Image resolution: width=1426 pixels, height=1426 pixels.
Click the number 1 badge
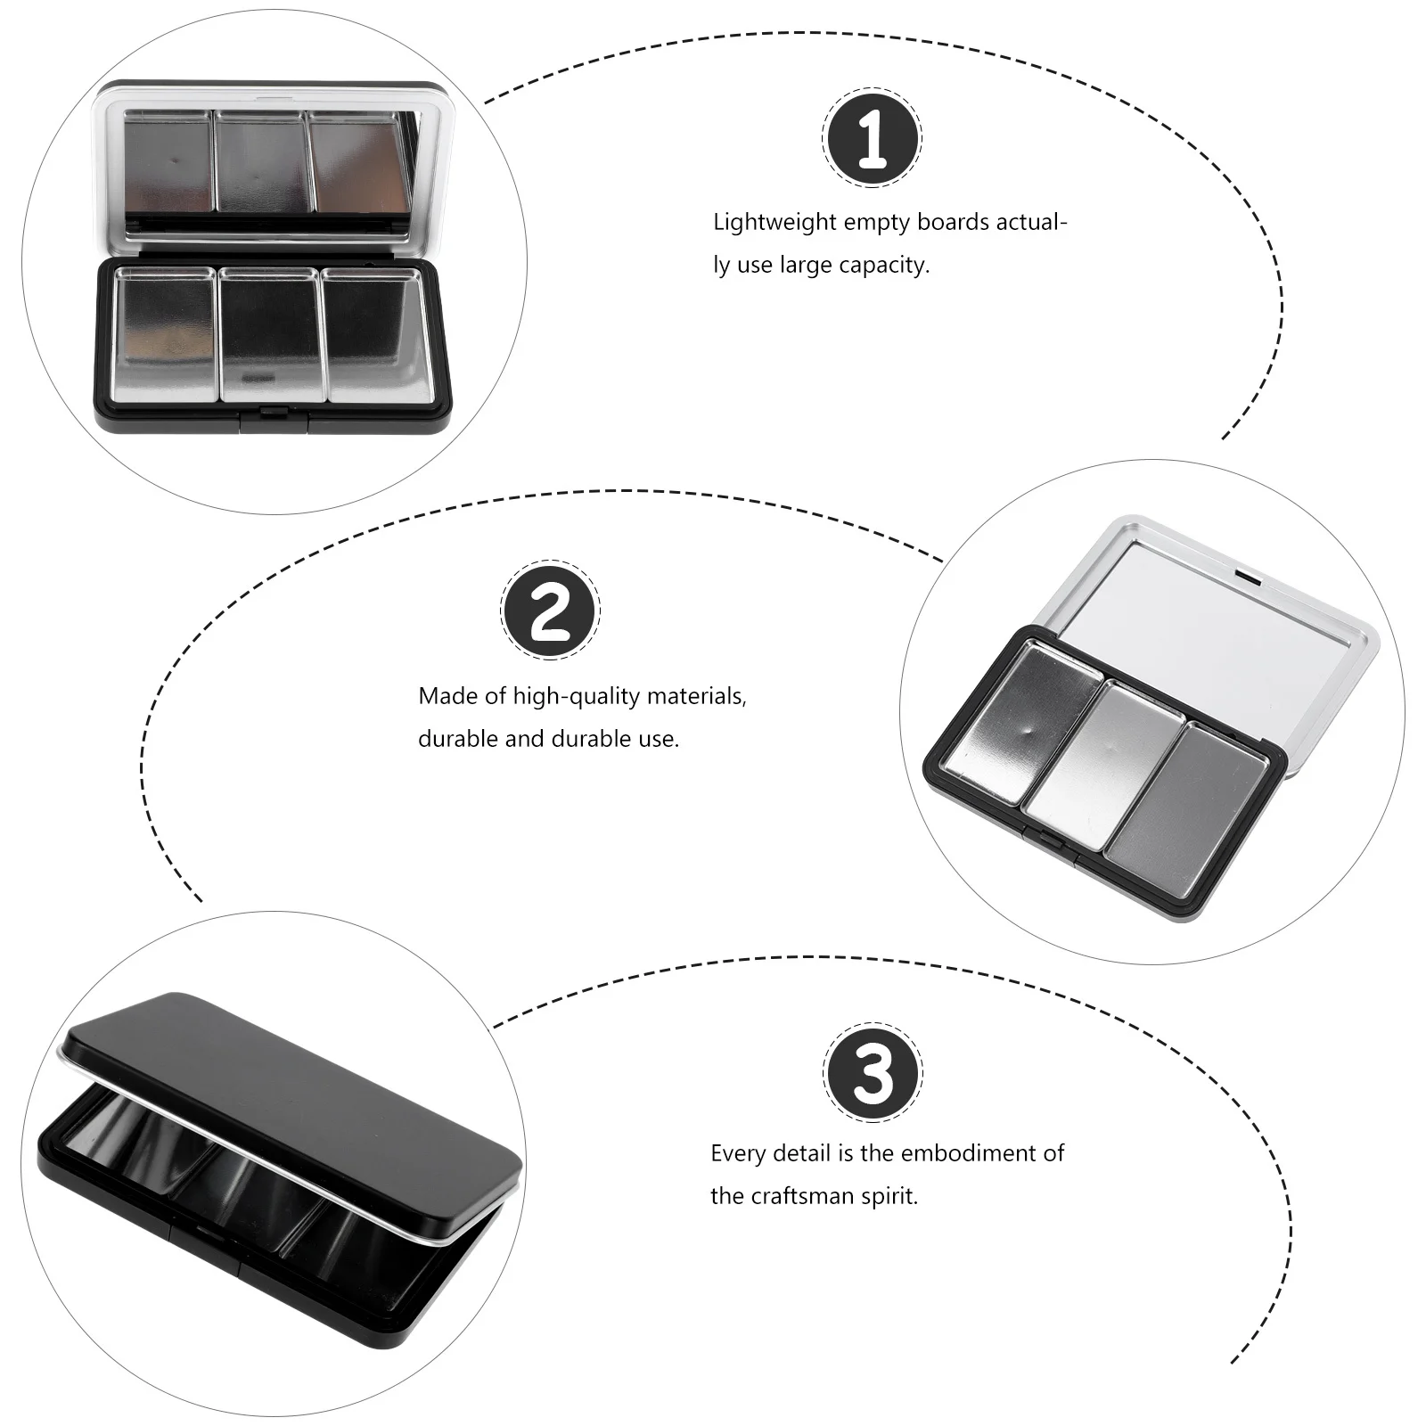pos(872,138)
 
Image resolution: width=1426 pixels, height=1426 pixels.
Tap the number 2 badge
pos(550,611)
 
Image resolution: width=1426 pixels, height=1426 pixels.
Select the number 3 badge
pos(873,1072)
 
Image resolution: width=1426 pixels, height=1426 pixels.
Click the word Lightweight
pos(774,223)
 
